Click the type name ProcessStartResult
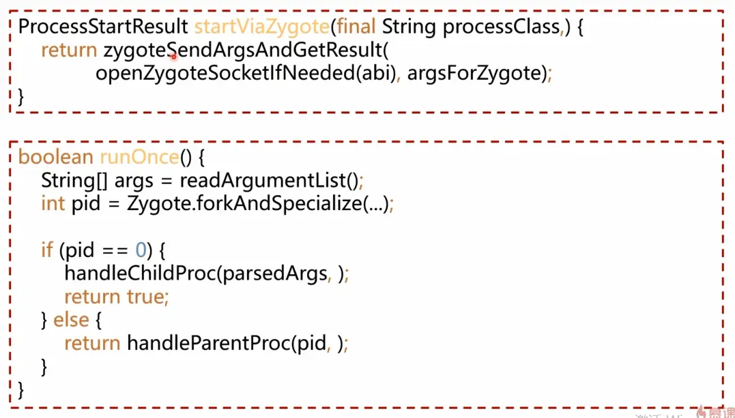point(103,27)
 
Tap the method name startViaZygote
point(262,27)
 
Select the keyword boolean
point(55,158)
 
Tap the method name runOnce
point(139,158)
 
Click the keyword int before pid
point(53,204)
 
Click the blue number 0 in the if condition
point(140,250)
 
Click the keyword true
point(146,297)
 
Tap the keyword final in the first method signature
point(356,27)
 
